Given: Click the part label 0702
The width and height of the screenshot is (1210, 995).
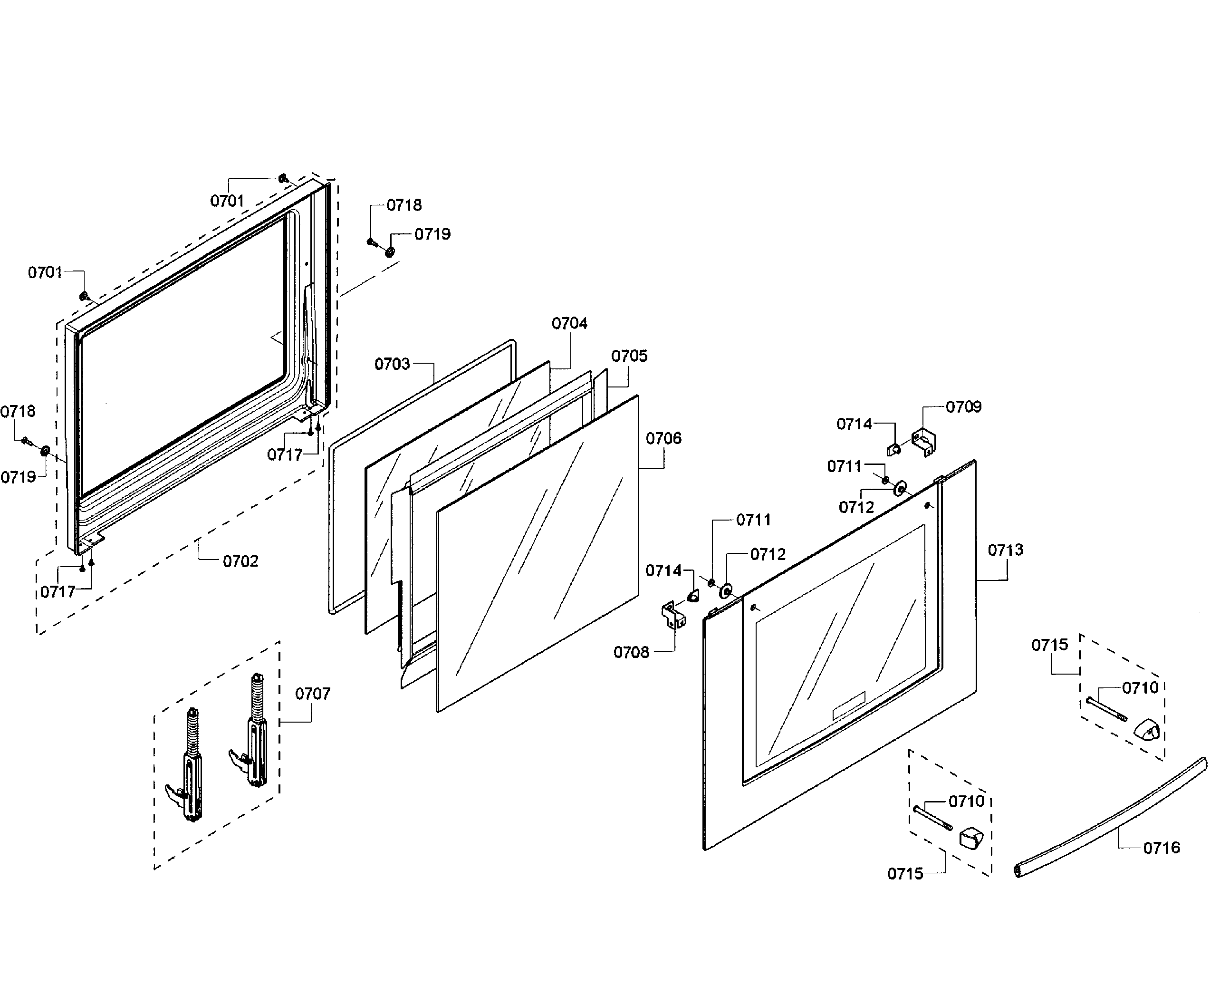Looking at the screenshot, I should click(x=240, y=561).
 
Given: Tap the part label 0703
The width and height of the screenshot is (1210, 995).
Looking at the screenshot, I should click(x=392, y=364).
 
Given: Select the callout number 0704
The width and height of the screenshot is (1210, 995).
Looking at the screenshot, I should click(x=569, y=324).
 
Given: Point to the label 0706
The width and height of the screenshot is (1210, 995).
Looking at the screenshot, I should click(x=663, y=438).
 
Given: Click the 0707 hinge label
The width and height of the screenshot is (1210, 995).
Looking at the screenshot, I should click(x=312, y=694).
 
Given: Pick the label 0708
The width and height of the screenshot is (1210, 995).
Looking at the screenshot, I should click(x=631, y=652).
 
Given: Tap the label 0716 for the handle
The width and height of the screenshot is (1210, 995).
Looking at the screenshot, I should click(x=1162, y=848).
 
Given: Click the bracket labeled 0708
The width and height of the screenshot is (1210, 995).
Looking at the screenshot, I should click(x=673, y=615).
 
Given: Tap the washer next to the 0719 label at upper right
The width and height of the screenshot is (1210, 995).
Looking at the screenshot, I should click(x=390, y=251).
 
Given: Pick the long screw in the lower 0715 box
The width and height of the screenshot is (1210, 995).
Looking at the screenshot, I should click(x=933, y=817).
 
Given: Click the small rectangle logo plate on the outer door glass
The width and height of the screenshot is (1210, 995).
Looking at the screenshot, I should click(x=848, y=705).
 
